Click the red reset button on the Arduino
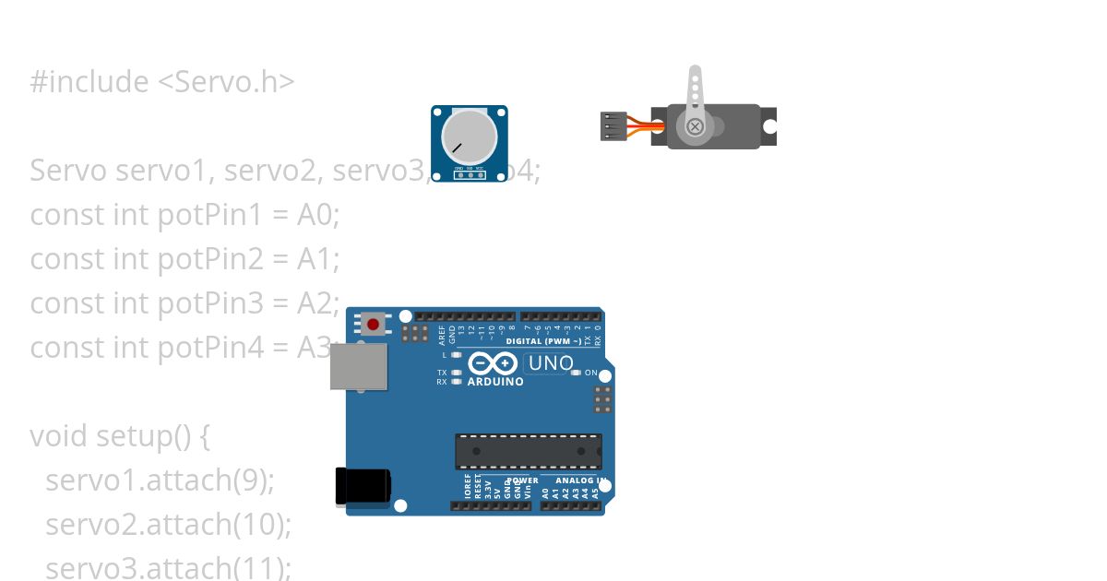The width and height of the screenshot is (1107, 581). tap(374, 324)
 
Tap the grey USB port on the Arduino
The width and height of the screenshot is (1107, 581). tap(360, 366)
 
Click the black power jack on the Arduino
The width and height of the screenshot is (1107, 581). tap(363, 486)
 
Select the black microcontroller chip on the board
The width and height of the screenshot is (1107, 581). tap(528, 451)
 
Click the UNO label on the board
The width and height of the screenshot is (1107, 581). tap(551, 363)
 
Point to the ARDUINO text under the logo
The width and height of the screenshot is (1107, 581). tap(495, 381)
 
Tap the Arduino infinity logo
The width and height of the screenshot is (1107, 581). tap(486, 363)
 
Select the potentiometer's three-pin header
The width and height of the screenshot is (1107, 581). tap(470, 173)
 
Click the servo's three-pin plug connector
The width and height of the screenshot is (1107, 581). tap(613, 125)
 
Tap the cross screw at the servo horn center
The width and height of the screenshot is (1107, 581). tap(695, 125)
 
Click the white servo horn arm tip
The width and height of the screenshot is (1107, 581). tap(696, 74)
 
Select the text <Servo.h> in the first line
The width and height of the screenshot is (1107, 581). tap(227, 82)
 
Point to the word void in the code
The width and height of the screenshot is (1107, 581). tap(59, 435)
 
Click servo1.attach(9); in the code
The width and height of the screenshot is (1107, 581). tap(160, 480)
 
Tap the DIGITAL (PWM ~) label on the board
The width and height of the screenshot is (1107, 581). tap(543, 341)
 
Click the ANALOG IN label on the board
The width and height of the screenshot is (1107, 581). tap(579, 480)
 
